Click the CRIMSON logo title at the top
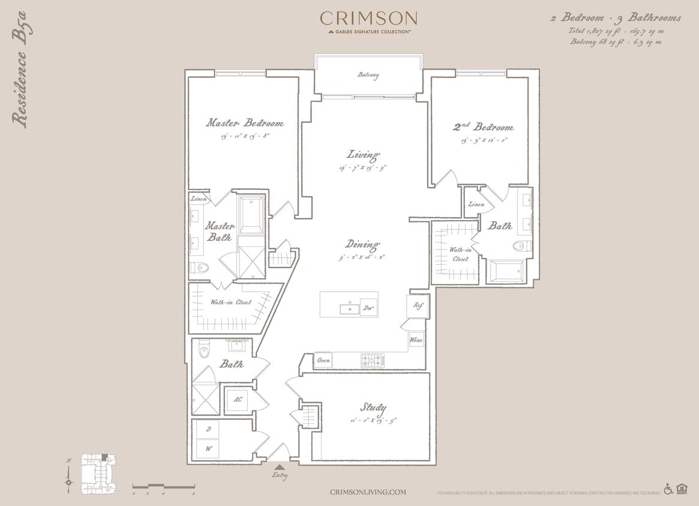tap(368, 19)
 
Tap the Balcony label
tap(368, 75)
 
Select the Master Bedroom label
tap(244, 123)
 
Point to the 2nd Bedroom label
tap(483, 127)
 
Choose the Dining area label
tap(362, 245)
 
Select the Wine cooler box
tap(416, 340)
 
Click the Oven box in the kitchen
tap(323, 360)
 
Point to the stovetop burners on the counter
tap(372, 360)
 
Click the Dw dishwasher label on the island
tap(368, 309)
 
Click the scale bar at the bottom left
tap(163, 486)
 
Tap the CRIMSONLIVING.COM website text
tap(368, 492)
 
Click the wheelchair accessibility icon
tap(668, 489)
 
